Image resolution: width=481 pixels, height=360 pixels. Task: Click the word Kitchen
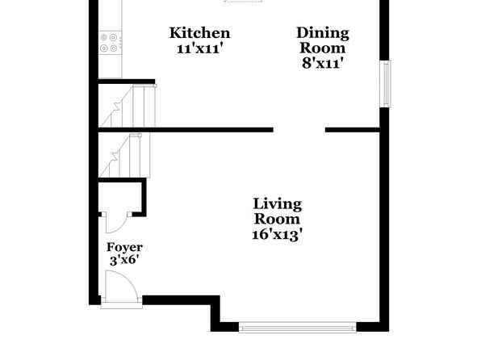point(199,33)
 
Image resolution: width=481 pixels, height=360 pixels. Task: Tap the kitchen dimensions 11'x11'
point(199,48)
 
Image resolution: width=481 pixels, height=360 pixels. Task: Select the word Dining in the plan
point(323,34)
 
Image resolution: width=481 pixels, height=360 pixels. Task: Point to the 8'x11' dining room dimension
point(322,64)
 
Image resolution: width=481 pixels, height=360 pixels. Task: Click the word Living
point(278,205)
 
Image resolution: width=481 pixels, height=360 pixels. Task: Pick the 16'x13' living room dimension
point(278,235)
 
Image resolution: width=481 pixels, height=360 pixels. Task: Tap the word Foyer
point(124,247)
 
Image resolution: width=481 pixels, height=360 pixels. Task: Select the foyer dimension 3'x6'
point(124,261)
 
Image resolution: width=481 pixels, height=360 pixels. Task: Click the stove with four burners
point(110,43)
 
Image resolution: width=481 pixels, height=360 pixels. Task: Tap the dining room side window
point(385,84)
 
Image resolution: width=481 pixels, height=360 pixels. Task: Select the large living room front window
point(297,328)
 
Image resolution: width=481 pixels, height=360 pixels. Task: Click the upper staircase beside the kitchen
point(128,106)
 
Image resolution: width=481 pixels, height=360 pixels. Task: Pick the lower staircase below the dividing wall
point(125,155)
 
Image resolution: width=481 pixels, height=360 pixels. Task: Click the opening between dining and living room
point(299,130)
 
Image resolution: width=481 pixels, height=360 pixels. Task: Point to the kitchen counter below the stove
point(110,67)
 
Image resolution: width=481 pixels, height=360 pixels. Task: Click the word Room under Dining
point(323,48)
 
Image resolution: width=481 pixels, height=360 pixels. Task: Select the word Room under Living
point(278,220)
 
